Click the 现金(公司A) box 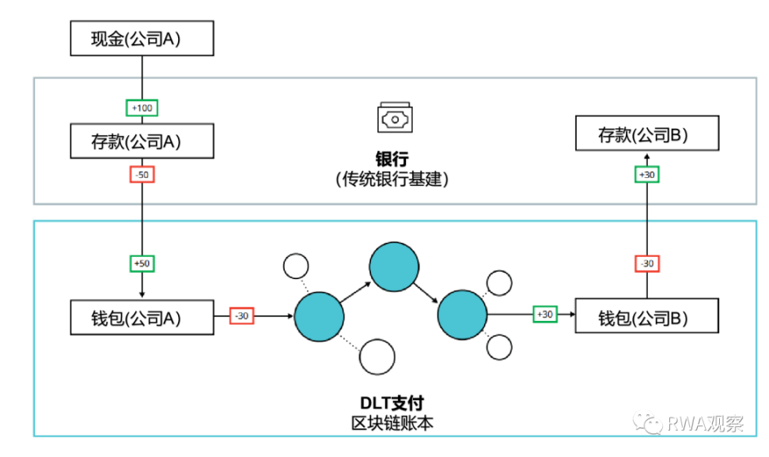pyautogui.click(x=142, y=38)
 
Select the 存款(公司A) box pyautogui.click(x=142, y=142)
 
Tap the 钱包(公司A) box pyautogui.click(x=142, y=318)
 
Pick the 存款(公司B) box pyautogui.click(x=647, y=134)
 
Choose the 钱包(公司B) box pyautogui.click(x=647, y=315)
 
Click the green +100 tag pyautogui.click(x=142, y=108)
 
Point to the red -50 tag pyautogui.click(x=142, y=175)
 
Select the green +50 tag pyautogui.click(x=142, y=264)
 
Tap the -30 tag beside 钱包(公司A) pyautogui.click(x=242, y=315)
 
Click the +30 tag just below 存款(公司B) pyautogui.click(x=647, y=175)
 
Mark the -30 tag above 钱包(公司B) pyautogui.click(x=647, y=264)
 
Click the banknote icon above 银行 pyautogui.click(x=395, y=118)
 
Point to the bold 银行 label pyautogui.click(x=392, y=159)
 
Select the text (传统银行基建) pyautogui.click(x=392, y=179)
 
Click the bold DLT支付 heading pyautogui.click(x=392, y=403)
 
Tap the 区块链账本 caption pyautogui.click(x=392, y=423)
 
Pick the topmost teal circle pyautogui.click(x=394, y=266)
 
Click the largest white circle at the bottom pyautogui.click(x=377, y=357)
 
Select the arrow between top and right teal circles pyautogui.click(x=426, y=293)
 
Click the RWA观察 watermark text pyautogui.click(x=705, y=423)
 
